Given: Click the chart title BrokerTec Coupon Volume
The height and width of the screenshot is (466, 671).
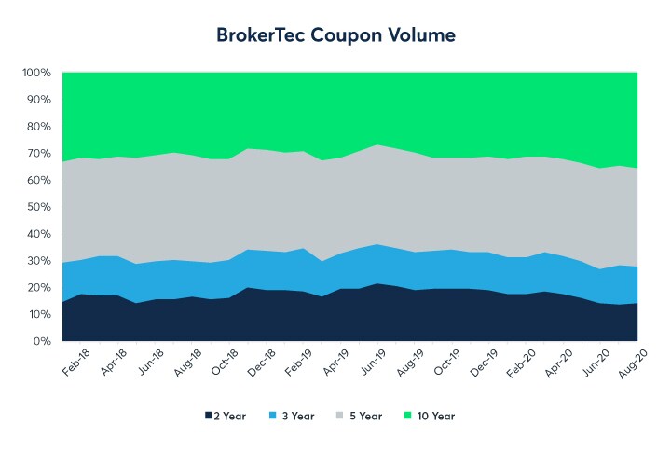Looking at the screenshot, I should click(x=335, y=35).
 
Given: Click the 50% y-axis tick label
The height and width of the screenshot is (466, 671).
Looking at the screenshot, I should click(x=38, y=207).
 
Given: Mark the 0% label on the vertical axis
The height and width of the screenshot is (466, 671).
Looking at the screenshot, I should click(x=43, y=341).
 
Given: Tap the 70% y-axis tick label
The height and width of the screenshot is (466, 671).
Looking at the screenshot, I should click(x=38, y=153).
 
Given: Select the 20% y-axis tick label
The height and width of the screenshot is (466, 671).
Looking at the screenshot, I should click(x=38, y=287).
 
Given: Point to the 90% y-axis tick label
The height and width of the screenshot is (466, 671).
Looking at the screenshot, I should click(x=38, y=100).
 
